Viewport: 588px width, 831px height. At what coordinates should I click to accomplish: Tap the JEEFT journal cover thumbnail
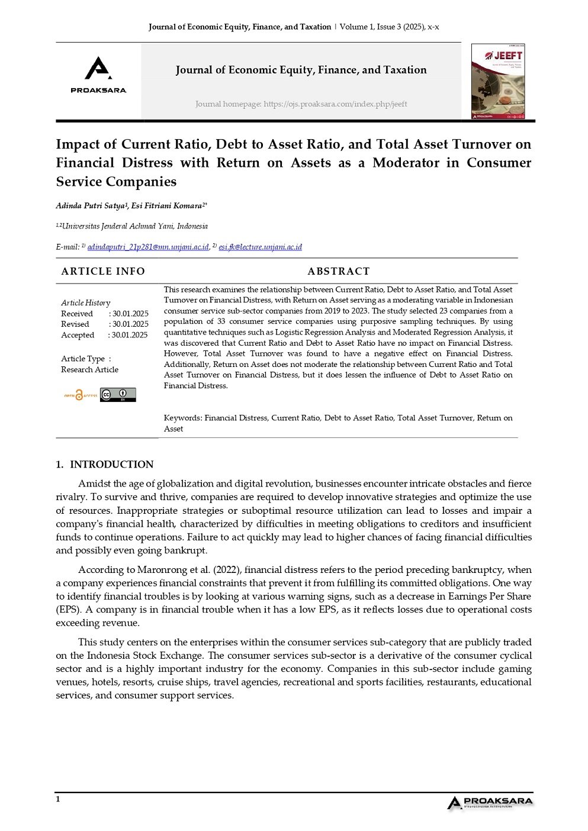pos(498,82)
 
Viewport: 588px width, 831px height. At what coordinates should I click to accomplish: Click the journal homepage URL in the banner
pos(335,104)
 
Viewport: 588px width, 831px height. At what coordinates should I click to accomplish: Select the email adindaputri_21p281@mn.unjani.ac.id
pos(148,247)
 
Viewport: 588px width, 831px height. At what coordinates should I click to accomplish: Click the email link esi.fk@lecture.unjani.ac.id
pos(260,247)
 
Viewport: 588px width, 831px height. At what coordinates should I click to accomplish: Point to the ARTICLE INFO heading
pos(103,271)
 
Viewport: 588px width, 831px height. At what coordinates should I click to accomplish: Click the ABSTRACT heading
pos(338,271)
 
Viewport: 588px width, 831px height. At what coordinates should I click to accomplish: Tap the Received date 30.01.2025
pos(130,314)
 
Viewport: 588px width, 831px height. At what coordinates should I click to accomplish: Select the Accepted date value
pos(129,335)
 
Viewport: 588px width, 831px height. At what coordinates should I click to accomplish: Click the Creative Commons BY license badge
pos(118,395)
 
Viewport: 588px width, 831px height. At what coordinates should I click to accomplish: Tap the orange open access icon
pos(80,395)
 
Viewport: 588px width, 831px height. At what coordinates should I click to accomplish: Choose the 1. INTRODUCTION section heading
pos(105,465)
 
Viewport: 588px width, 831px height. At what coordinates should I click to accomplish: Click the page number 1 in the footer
pos(58,799)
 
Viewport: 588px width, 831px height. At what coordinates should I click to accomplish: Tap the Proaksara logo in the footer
pos(490,802)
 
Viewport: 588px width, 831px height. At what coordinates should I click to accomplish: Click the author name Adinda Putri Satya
pos(90,206)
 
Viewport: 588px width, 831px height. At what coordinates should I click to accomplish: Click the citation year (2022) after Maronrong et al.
pos(227,570)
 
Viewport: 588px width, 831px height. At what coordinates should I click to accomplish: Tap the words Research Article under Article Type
pos(89,370)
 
